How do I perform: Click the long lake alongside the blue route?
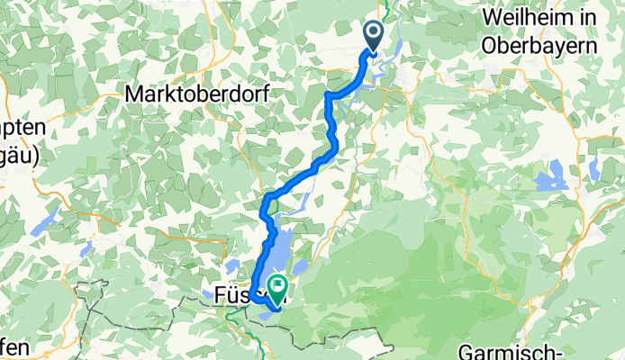point(282,252)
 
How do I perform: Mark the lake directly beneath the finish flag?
point(273,305)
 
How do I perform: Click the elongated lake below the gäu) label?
point(42,220)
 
